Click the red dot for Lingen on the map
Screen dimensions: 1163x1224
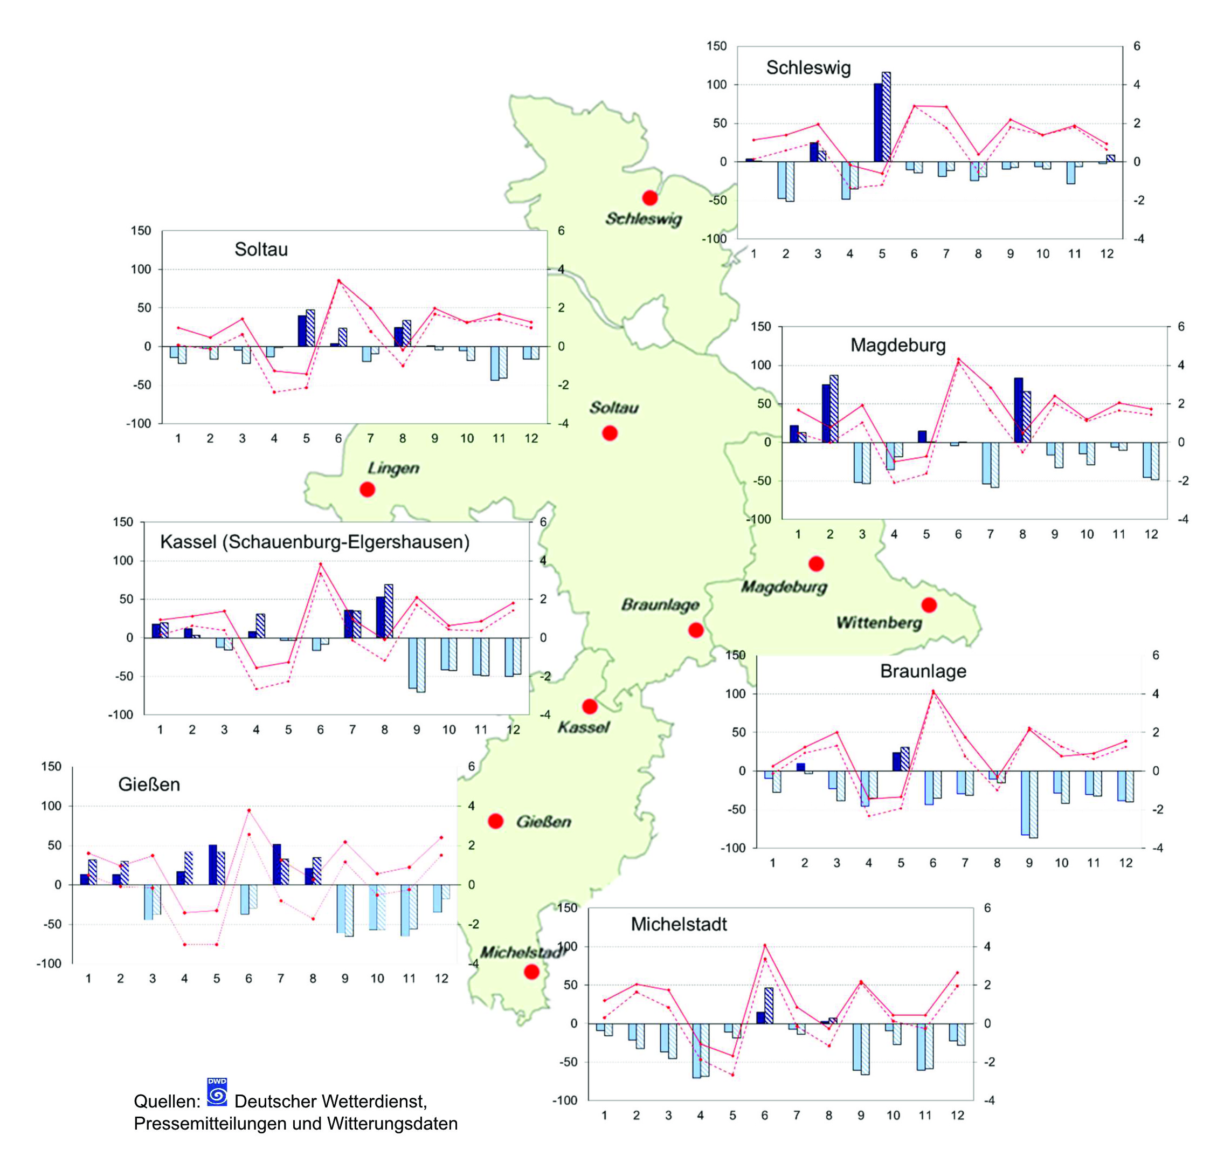368,490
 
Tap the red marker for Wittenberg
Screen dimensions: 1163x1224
929,605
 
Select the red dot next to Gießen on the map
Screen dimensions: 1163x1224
496,821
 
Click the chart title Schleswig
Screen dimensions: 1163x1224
808,68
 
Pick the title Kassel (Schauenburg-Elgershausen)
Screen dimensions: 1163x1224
315,542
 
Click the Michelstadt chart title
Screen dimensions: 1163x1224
679,924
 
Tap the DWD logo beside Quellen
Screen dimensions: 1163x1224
217,1092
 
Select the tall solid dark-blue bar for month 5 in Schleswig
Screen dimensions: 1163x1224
877,123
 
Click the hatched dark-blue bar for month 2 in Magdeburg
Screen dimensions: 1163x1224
834,409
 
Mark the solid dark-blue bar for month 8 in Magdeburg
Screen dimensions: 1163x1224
1018,410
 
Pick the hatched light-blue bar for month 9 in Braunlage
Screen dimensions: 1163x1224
1033,804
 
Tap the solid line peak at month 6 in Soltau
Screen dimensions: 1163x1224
338,281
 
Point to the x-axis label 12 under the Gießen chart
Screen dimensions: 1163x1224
441,979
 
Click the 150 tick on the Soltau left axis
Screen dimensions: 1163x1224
141,231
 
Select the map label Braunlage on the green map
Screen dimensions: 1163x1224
660,605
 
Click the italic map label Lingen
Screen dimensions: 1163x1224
393,468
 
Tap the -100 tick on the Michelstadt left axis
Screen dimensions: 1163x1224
565,1100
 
